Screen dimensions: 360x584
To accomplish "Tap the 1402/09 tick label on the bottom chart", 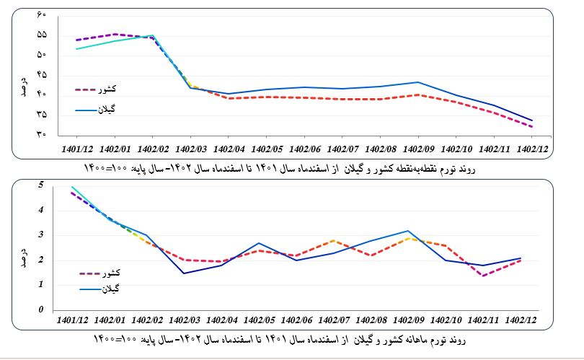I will [410, 320].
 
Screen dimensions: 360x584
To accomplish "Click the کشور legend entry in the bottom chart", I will [110, 273].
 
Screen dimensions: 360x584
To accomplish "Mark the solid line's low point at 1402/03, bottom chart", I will [184, 273].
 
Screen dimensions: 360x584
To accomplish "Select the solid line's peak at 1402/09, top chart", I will [418, 82].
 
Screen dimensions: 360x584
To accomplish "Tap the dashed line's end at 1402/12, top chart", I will [532, 127].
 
